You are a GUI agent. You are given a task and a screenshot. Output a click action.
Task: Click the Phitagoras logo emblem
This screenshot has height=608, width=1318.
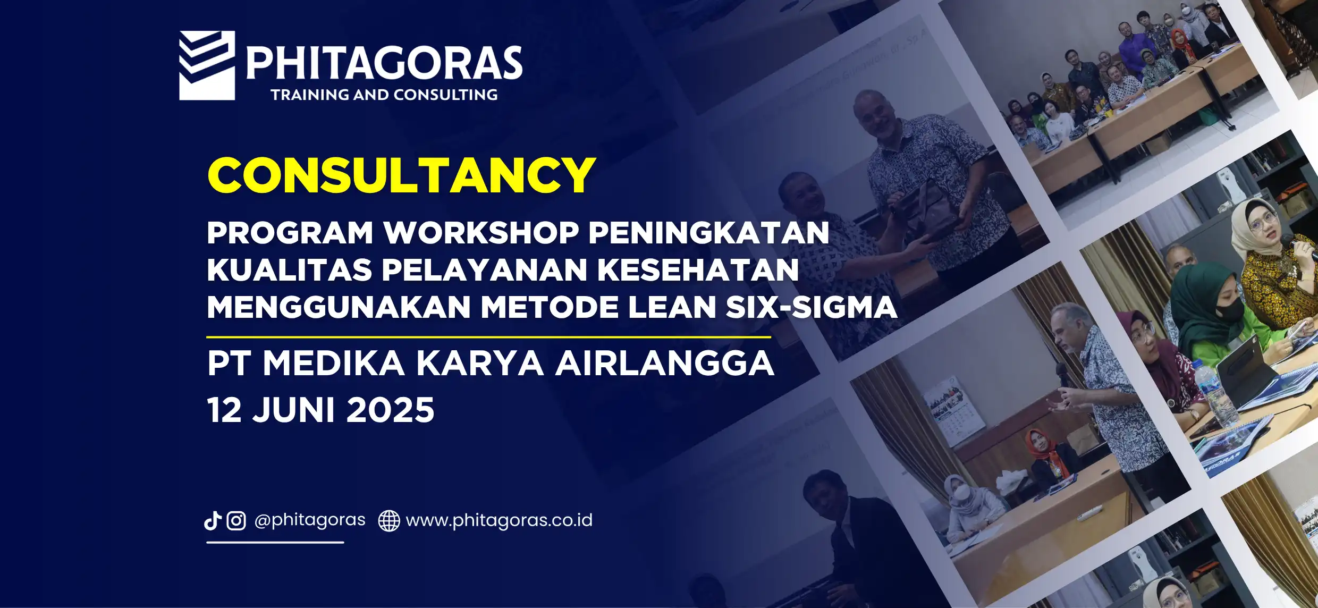click(207, 65)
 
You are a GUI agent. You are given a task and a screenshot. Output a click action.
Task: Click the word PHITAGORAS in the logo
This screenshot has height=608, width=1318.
click(384, 63)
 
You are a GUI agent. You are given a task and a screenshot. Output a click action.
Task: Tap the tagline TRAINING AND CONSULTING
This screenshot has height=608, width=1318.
click(384, 95)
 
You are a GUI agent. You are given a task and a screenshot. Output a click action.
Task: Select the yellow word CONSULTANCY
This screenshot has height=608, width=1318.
click(401, 175)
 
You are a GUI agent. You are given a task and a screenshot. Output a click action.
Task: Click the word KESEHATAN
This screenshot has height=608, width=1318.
click(698, 270)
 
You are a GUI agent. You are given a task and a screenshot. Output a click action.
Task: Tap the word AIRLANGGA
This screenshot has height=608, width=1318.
click(665, 364)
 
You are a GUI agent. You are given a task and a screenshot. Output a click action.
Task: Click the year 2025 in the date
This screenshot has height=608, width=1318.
click(390, 410)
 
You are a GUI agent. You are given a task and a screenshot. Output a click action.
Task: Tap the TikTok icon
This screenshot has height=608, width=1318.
click(213, 521)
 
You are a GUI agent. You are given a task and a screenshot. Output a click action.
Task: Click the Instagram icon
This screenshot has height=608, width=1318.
click(236, 521)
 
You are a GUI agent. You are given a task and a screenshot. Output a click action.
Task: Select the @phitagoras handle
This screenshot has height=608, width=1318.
click(310, 520)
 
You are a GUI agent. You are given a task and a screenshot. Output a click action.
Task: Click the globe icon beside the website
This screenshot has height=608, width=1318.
click(389, 521)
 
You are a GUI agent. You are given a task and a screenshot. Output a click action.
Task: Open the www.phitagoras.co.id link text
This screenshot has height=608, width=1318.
click(499, 520)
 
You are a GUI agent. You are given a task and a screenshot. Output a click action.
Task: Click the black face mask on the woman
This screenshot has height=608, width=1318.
click(1229, 310)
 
